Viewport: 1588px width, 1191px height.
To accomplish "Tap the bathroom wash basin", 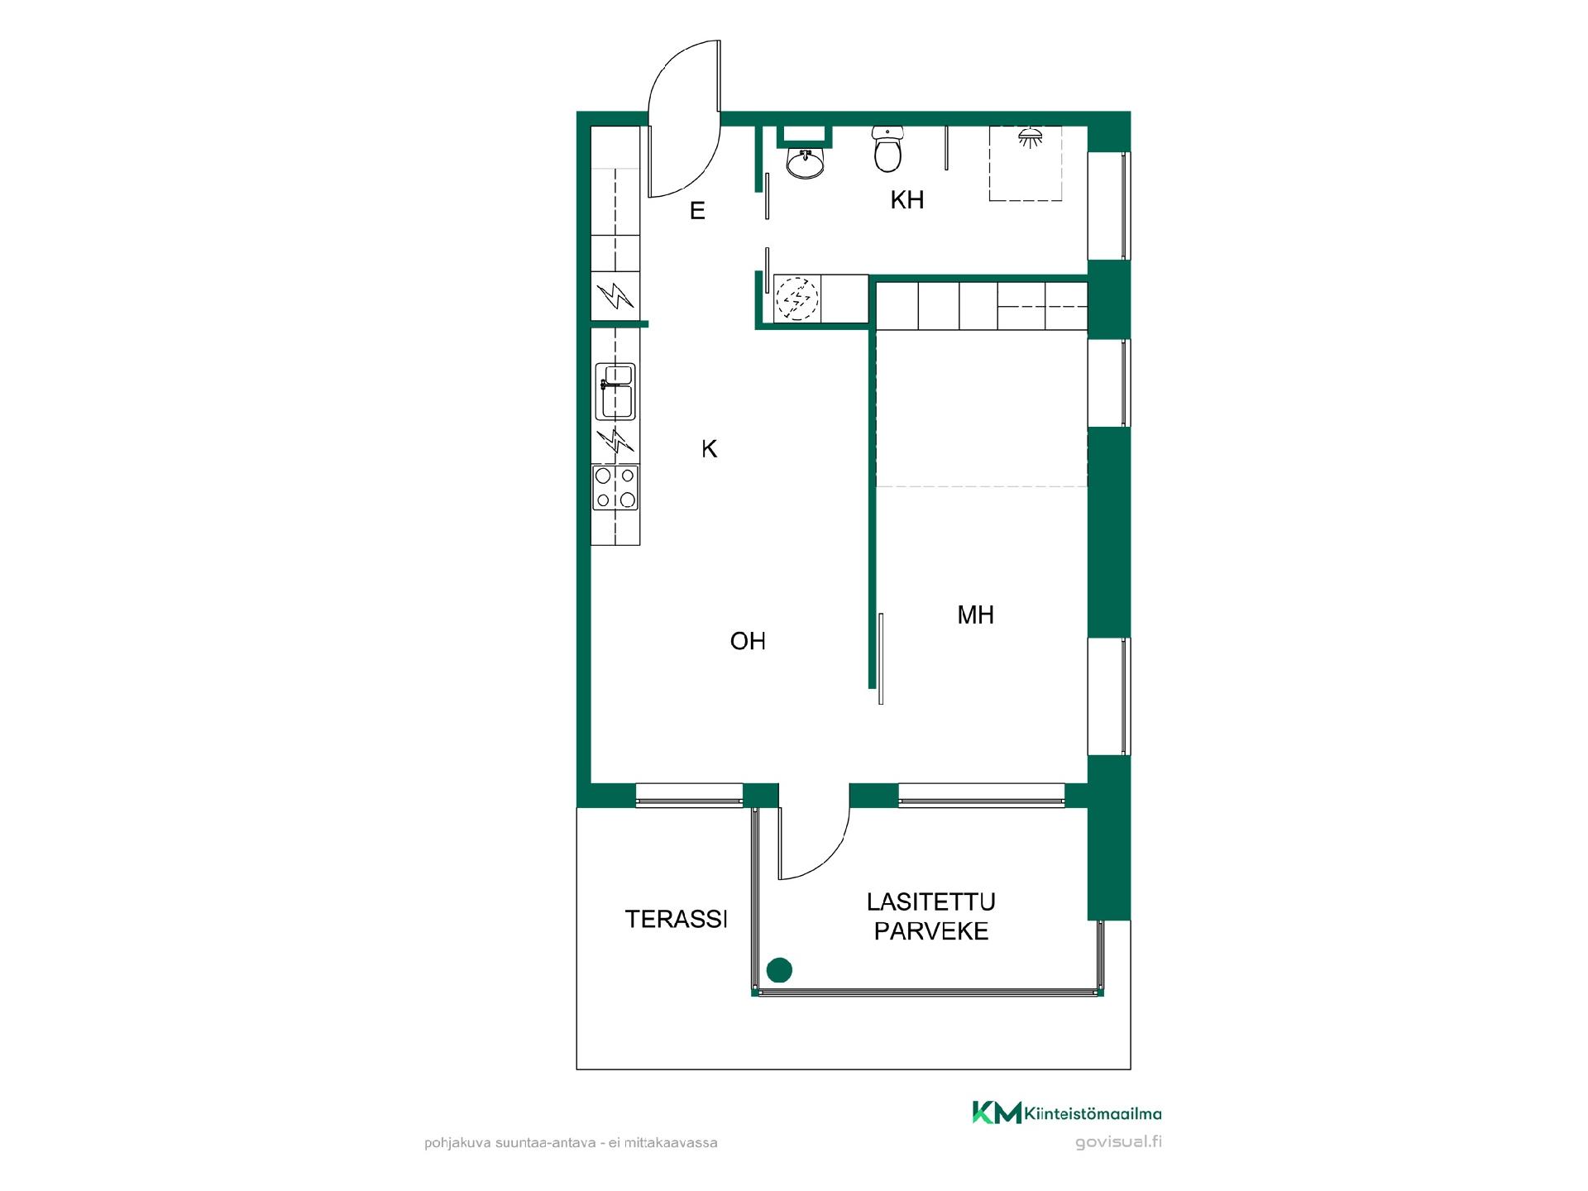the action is click(805, 163).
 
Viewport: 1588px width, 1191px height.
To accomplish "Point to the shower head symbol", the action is click(1030, 137).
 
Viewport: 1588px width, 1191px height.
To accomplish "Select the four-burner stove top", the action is click(615, 487).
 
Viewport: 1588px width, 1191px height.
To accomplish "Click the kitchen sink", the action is click(615, 390).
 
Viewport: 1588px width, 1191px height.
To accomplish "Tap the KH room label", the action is click(906, 200).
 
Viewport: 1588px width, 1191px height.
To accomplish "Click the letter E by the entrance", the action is click(697, 211).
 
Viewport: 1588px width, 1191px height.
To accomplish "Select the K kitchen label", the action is click(709, 449).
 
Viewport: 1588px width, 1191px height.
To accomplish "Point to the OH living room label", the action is click(748, 641).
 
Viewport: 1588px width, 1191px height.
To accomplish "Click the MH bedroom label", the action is click(975, 615).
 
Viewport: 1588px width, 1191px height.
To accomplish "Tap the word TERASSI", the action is click(676, 919).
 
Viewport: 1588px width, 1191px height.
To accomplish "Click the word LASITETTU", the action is click(931, 902).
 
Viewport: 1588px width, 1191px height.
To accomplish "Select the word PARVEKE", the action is click(931, 931).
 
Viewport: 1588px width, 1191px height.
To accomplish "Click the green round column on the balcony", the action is click(779, 969).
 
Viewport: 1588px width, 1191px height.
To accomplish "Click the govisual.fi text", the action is click(1118, 1142).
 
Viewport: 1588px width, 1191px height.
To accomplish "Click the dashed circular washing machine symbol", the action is click(796, 298).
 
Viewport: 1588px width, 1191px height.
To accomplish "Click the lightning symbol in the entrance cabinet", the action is click(615, 295).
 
